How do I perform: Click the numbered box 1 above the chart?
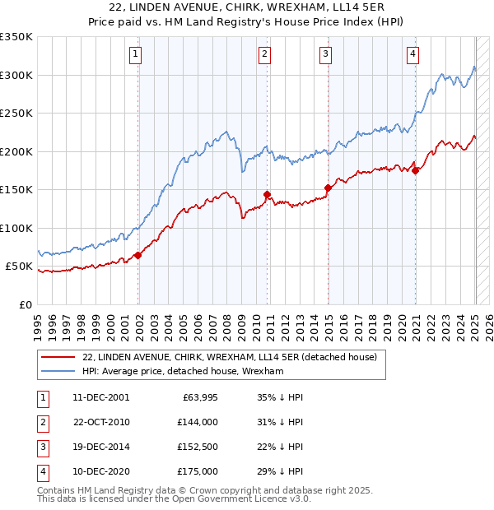pos(134,55)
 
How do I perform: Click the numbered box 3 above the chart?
pos(325,55)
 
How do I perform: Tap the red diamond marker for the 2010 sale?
pos(268,195)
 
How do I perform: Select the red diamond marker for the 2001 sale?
pos(137,255)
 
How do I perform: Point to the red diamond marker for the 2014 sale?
pos(328,188)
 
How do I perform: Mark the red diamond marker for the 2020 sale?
pos(416,170)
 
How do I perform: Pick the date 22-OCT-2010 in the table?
pos(101,422)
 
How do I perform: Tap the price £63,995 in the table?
pos(198,397)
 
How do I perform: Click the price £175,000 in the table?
pos(198,471)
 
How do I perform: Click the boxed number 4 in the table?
pos(41,471)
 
